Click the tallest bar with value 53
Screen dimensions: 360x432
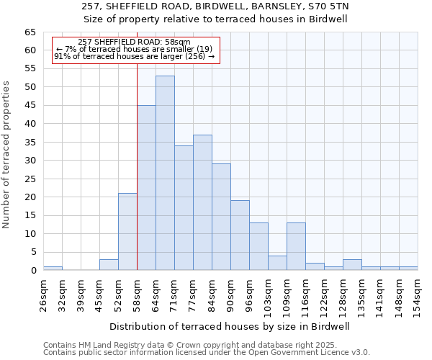[x=165, y=173]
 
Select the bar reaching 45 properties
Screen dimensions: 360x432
[x=146, y=187]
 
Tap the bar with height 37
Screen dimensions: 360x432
[x=202, y=202]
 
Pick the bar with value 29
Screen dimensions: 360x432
[x=221, y=217]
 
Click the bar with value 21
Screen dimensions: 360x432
[x=127, y=231]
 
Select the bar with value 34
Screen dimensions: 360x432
[x=184, y=208]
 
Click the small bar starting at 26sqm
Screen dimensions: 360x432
[x=53, y=269]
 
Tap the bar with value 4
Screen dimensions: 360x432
[x=277, y=263]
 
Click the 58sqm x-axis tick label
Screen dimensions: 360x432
[x=137, y=294]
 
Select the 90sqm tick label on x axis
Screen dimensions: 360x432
[x=230, y=294]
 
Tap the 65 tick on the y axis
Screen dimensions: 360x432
[x=30, y=32]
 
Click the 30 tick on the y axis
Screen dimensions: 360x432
[x=30, y=161]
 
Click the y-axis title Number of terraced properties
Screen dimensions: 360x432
[x=6, y=154]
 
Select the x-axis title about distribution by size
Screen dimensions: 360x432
[x=230, y=326]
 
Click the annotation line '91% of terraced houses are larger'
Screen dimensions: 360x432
[x=134, y=56]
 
